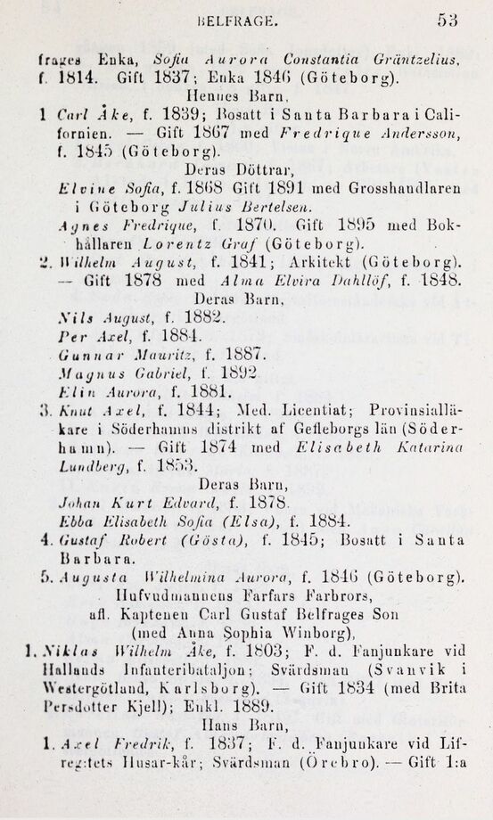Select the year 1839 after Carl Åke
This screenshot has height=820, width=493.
pyautogui.click(x=185, y=114)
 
